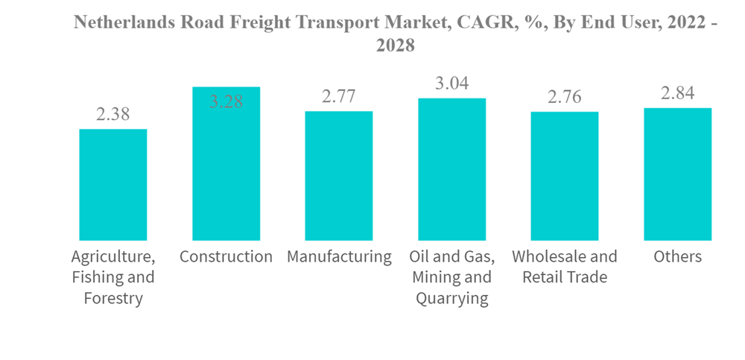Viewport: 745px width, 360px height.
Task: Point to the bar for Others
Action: pyautogui.click(x=678, y=174)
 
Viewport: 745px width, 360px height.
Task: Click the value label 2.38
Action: pyautogui.click(x=113, y=115)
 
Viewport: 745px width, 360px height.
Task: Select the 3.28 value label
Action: pyautogui.click(x=226, y=102)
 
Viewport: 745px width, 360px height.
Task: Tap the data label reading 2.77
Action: pyautogui.click(x=339, y=96)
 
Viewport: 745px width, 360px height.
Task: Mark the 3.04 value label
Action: pyautogui.click(x=452, y=83)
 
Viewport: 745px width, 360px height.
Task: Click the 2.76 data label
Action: pyautogui.click(x=565, y=97)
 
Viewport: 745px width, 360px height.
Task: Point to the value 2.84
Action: pyautogui.click(x=678, y=93)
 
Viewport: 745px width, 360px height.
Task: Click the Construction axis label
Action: pyautogui.click(x=226, y=257)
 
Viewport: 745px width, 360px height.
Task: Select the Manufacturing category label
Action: pyautogui.click(x=339, y=257)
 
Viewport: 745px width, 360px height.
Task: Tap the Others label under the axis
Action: pyautogui.click(x=678, y=257)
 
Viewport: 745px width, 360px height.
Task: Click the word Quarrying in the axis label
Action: pyautogui.click(x=452, y=299)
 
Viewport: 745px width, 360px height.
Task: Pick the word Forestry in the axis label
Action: pyautogui.click(x=113, y=299)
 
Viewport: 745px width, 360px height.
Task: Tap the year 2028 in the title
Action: pyautogui.click(x=395, y=45)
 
